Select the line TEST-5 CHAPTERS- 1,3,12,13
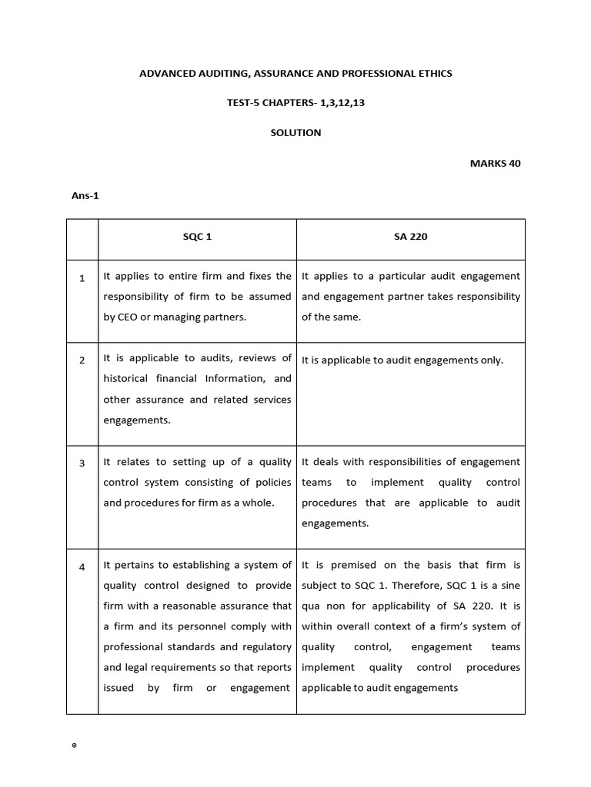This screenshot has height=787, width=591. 295,103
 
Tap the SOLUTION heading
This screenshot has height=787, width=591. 295,133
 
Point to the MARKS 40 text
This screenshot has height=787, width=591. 495,163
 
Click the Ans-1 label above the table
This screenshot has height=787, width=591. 85,195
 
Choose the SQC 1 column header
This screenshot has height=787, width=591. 197,237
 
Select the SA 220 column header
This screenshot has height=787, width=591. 410,237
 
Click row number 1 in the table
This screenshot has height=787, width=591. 82,278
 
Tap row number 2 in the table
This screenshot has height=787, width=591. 82,360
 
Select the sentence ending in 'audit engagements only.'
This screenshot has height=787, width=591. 402,360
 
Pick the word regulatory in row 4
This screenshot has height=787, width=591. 267,647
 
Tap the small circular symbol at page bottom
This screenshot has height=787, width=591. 74,746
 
